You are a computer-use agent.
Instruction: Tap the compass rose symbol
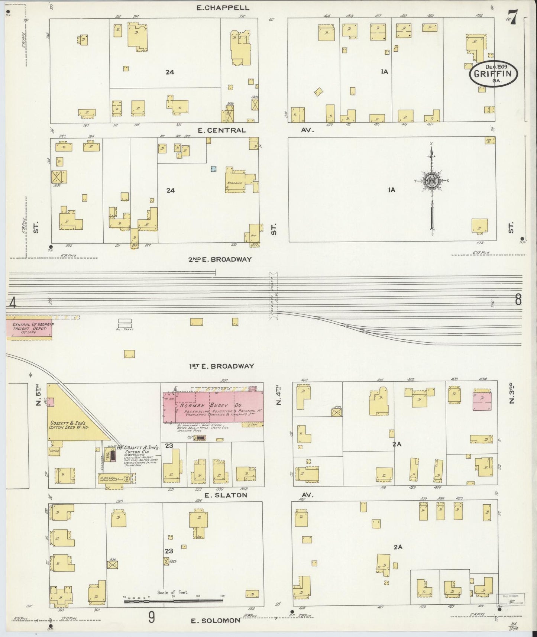pos(432,181)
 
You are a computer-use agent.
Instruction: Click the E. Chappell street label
pos(223,7)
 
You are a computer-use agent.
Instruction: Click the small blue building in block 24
pos(213,169)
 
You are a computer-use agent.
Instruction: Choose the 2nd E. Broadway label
pos(220,259)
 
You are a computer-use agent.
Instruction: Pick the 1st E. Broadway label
pos(221,366)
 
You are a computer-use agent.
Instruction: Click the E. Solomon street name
pos(216,620)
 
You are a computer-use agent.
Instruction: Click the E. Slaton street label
pos(226,495)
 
